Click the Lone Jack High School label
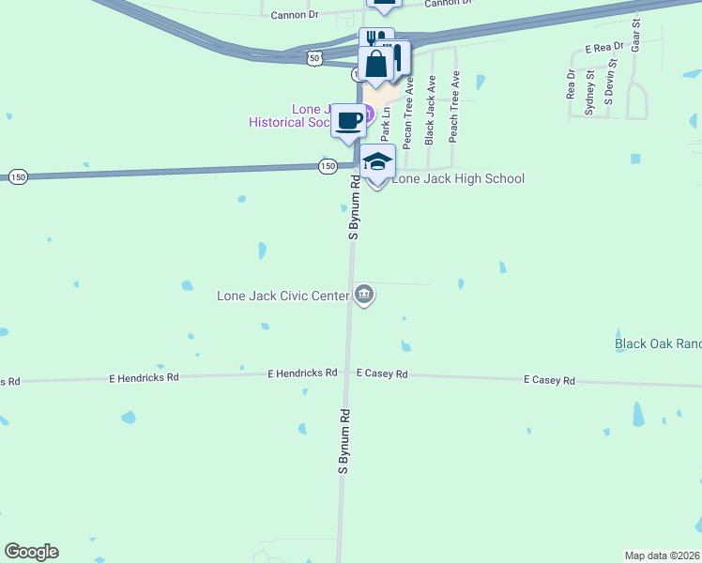click(x=458, y=178)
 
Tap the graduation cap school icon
click(x=377, y=163)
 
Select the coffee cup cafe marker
click(x=349, y=121)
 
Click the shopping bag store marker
click(x=376, y=66)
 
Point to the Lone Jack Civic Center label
click(x=282, y=296)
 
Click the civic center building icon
click(x=364, y=296)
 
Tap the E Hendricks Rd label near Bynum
click(x=302, y=373)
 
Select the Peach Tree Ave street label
click(x=454, y=106)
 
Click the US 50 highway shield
click(x=314, y=58)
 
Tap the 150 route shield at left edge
click(x=18, y=176)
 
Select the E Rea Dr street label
click(x=603, y=47)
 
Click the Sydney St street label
click(x=590, y=92)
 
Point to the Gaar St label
click(x=636, y=34)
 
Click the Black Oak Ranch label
click(x=658, y=344)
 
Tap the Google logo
click(x=31, y=552)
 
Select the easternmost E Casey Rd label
click(x=549, y=380)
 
